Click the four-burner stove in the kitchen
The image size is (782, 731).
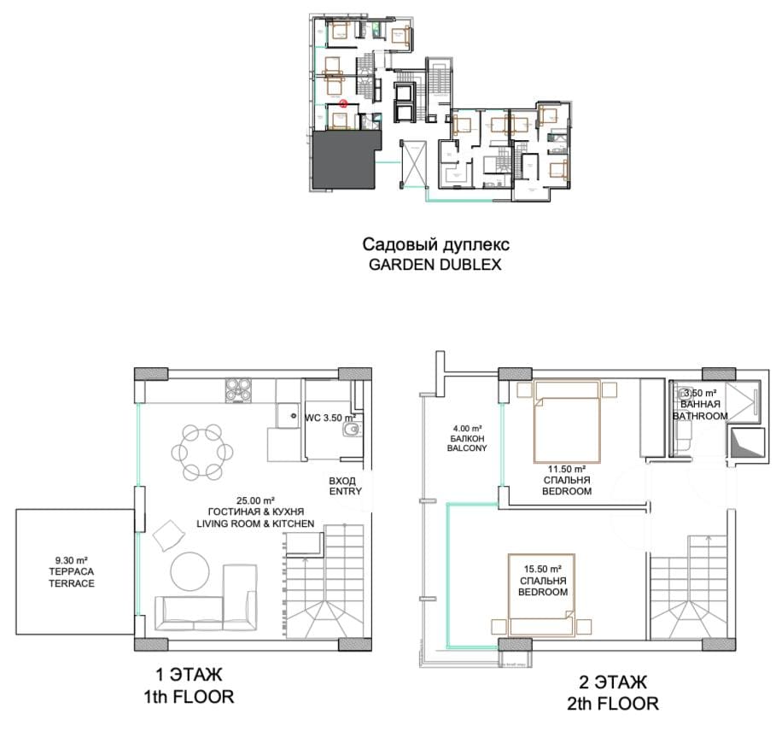pyautogui.click(x=237, y=390)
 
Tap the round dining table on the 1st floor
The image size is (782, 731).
pyautogui.click(x=202, y=452)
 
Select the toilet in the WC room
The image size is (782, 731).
pyautogui.click(x=352, y=430)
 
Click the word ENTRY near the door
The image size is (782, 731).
pyautogui.click(x=345, y=491)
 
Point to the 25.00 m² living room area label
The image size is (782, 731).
pyautogui.click(x=256, y=500)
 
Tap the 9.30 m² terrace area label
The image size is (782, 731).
pyautogui.click(x=72, y=560)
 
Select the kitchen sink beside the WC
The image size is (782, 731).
pyautogui.click(x=289, y=415)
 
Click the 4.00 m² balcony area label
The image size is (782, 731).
pyautogui.click(x=467, y=428)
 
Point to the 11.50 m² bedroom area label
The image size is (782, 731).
pyautogui.click(x=567, y=469)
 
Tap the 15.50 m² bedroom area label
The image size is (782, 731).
pyautogui.click(x=543, y=569)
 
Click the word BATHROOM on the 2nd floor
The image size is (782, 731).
pyautogui.click(x=700, y=416)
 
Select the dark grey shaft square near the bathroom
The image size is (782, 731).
pyautogui.click(x=747, y=442)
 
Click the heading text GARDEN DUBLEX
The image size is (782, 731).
pyautogui.click(x=435, y=265)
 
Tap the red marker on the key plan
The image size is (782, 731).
pyautogui.click(x=343, y=104)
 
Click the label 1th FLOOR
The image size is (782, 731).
pyautogui.click(x=189, y=697)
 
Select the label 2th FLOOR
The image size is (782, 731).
pyautogui.click(x=612, y=704)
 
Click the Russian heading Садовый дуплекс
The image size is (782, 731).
pyautogui.click(x=436, y=244)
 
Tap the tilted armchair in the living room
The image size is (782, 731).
pyautogui.click(x=168, y=535)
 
